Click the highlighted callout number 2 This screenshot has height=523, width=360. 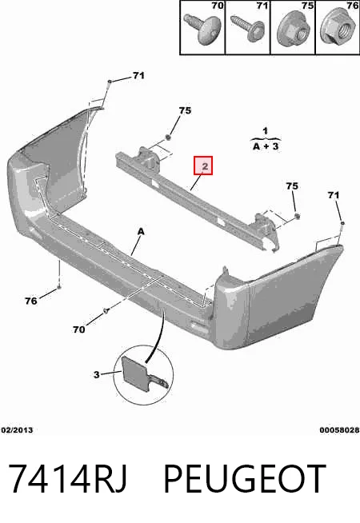[x=203, y=166]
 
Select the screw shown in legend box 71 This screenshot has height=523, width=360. [x=247, y=26]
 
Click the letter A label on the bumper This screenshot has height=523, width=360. [x=141, y=231]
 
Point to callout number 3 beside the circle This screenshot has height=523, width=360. [x=97, y=374]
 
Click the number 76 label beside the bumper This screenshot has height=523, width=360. [x=31, y=301]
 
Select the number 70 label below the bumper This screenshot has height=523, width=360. [x=78, y=329]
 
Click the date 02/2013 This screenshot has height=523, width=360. [x=17, y=430]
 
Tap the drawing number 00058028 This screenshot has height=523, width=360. [x=339, y=430]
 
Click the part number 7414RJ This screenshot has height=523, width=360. [x=68, y=479]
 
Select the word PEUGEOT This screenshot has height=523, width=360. [x=245, y=479]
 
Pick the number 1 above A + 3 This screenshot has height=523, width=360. [x=266, y=131]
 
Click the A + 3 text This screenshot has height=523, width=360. [x=266, y=146]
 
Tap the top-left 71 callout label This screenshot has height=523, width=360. [x=138, y=76]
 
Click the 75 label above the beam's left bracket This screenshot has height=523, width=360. [x=185, y=110]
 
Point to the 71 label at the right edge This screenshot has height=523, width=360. [x=334, y=195]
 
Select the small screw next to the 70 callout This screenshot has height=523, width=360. [x=106, y=311]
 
